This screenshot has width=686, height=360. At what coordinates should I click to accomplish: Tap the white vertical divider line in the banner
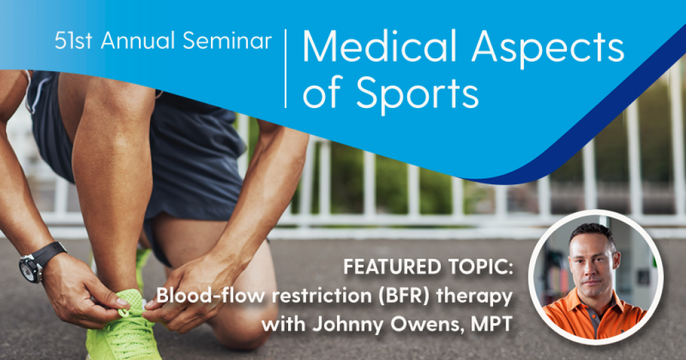pyautogui.click(x=286, y=68)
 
